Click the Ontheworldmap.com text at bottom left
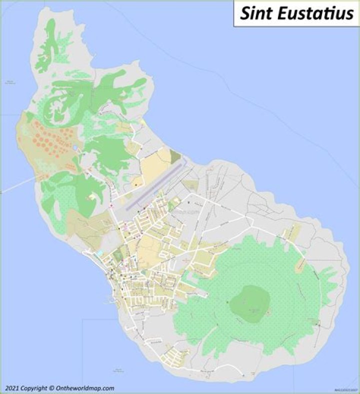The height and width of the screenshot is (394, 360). (85, 388)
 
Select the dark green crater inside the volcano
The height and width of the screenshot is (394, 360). (250, 300)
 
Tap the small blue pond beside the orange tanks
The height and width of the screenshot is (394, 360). (74, 148)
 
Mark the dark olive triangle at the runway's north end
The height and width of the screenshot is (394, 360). (174, 157)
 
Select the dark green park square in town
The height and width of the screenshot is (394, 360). (117, 256)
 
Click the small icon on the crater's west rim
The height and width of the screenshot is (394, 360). (227, 302)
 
